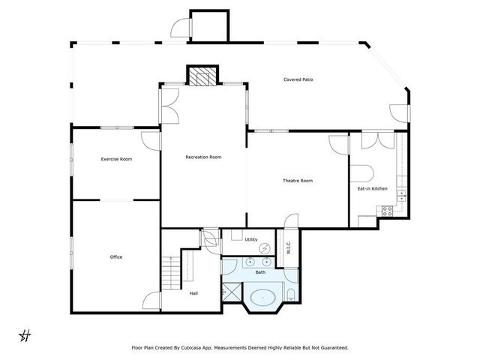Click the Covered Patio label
point(298,79)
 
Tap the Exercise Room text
point(116,159)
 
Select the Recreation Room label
point(204,157)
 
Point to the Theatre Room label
point(297,181)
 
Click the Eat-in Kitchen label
point(372,188)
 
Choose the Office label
point(115,257)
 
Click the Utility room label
point(251,239)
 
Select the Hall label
point(193,293)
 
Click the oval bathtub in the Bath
point(262,298)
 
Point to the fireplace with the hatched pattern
point(201,76)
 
